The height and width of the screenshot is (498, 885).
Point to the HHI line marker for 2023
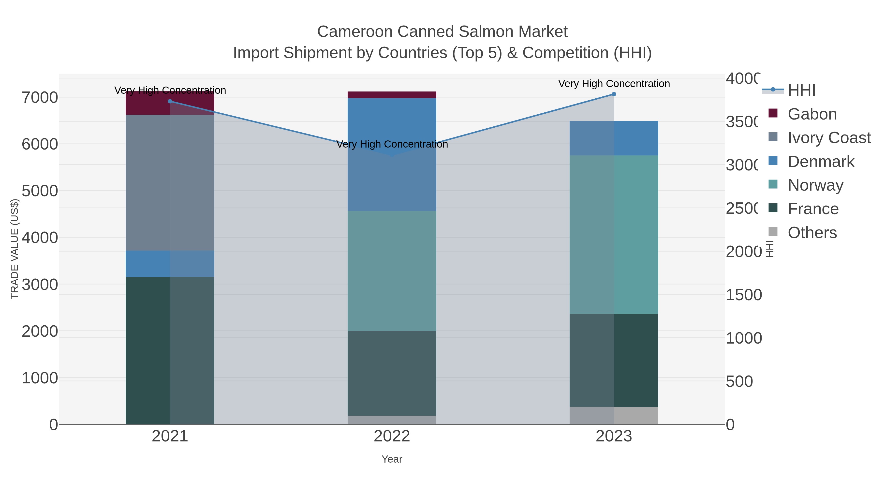[614, 94]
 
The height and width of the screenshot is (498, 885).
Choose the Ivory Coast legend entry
[829, 138]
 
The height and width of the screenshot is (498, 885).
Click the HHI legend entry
[801, 91]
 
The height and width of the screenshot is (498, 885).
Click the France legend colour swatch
[773, 208]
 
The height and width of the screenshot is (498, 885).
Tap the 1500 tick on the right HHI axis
[743, 295]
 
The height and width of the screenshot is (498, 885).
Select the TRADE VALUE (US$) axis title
[15, 249]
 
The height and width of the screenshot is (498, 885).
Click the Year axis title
[392, 459]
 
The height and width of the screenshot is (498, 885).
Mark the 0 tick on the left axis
[54, 425]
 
